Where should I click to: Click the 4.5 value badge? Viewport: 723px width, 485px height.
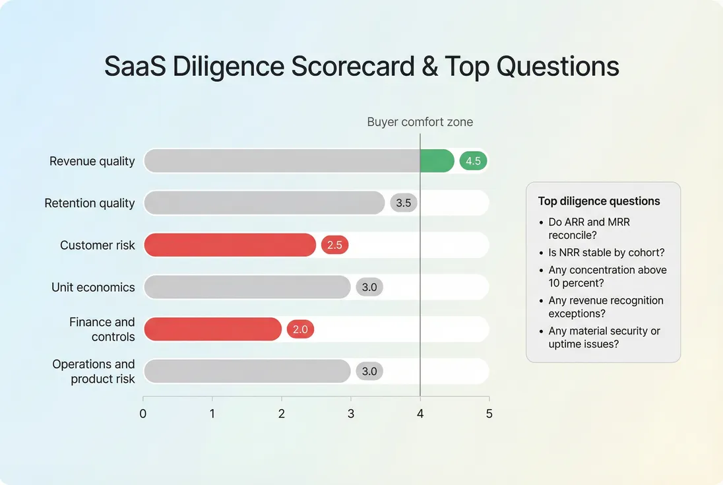473,161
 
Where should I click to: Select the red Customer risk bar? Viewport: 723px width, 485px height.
230,245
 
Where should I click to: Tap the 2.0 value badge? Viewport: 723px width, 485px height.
300,329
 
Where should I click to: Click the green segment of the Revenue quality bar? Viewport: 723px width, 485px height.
437,161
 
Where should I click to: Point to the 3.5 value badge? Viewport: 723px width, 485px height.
403,203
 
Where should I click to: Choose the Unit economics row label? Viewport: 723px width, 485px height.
93,288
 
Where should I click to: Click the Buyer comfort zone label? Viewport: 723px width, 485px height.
420,122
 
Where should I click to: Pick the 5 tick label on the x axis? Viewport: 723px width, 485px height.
489,414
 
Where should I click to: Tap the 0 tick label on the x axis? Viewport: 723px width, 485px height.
143,414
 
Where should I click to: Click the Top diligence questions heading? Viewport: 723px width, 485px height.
599,201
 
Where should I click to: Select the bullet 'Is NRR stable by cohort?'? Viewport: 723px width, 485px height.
606,252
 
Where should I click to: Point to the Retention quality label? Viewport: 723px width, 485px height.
90,203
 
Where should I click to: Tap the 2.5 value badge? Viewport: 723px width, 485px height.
334,245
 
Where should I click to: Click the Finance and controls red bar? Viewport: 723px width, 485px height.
212,329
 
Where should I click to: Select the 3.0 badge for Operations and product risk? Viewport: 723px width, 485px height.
369,372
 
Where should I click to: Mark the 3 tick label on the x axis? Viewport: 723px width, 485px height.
351,414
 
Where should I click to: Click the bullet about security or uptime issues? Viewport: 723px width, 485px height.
604,337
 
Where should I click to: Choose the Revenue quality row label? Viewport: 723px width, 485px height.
92,161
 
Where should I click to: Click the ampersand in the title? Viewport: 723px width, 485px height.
430,67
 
